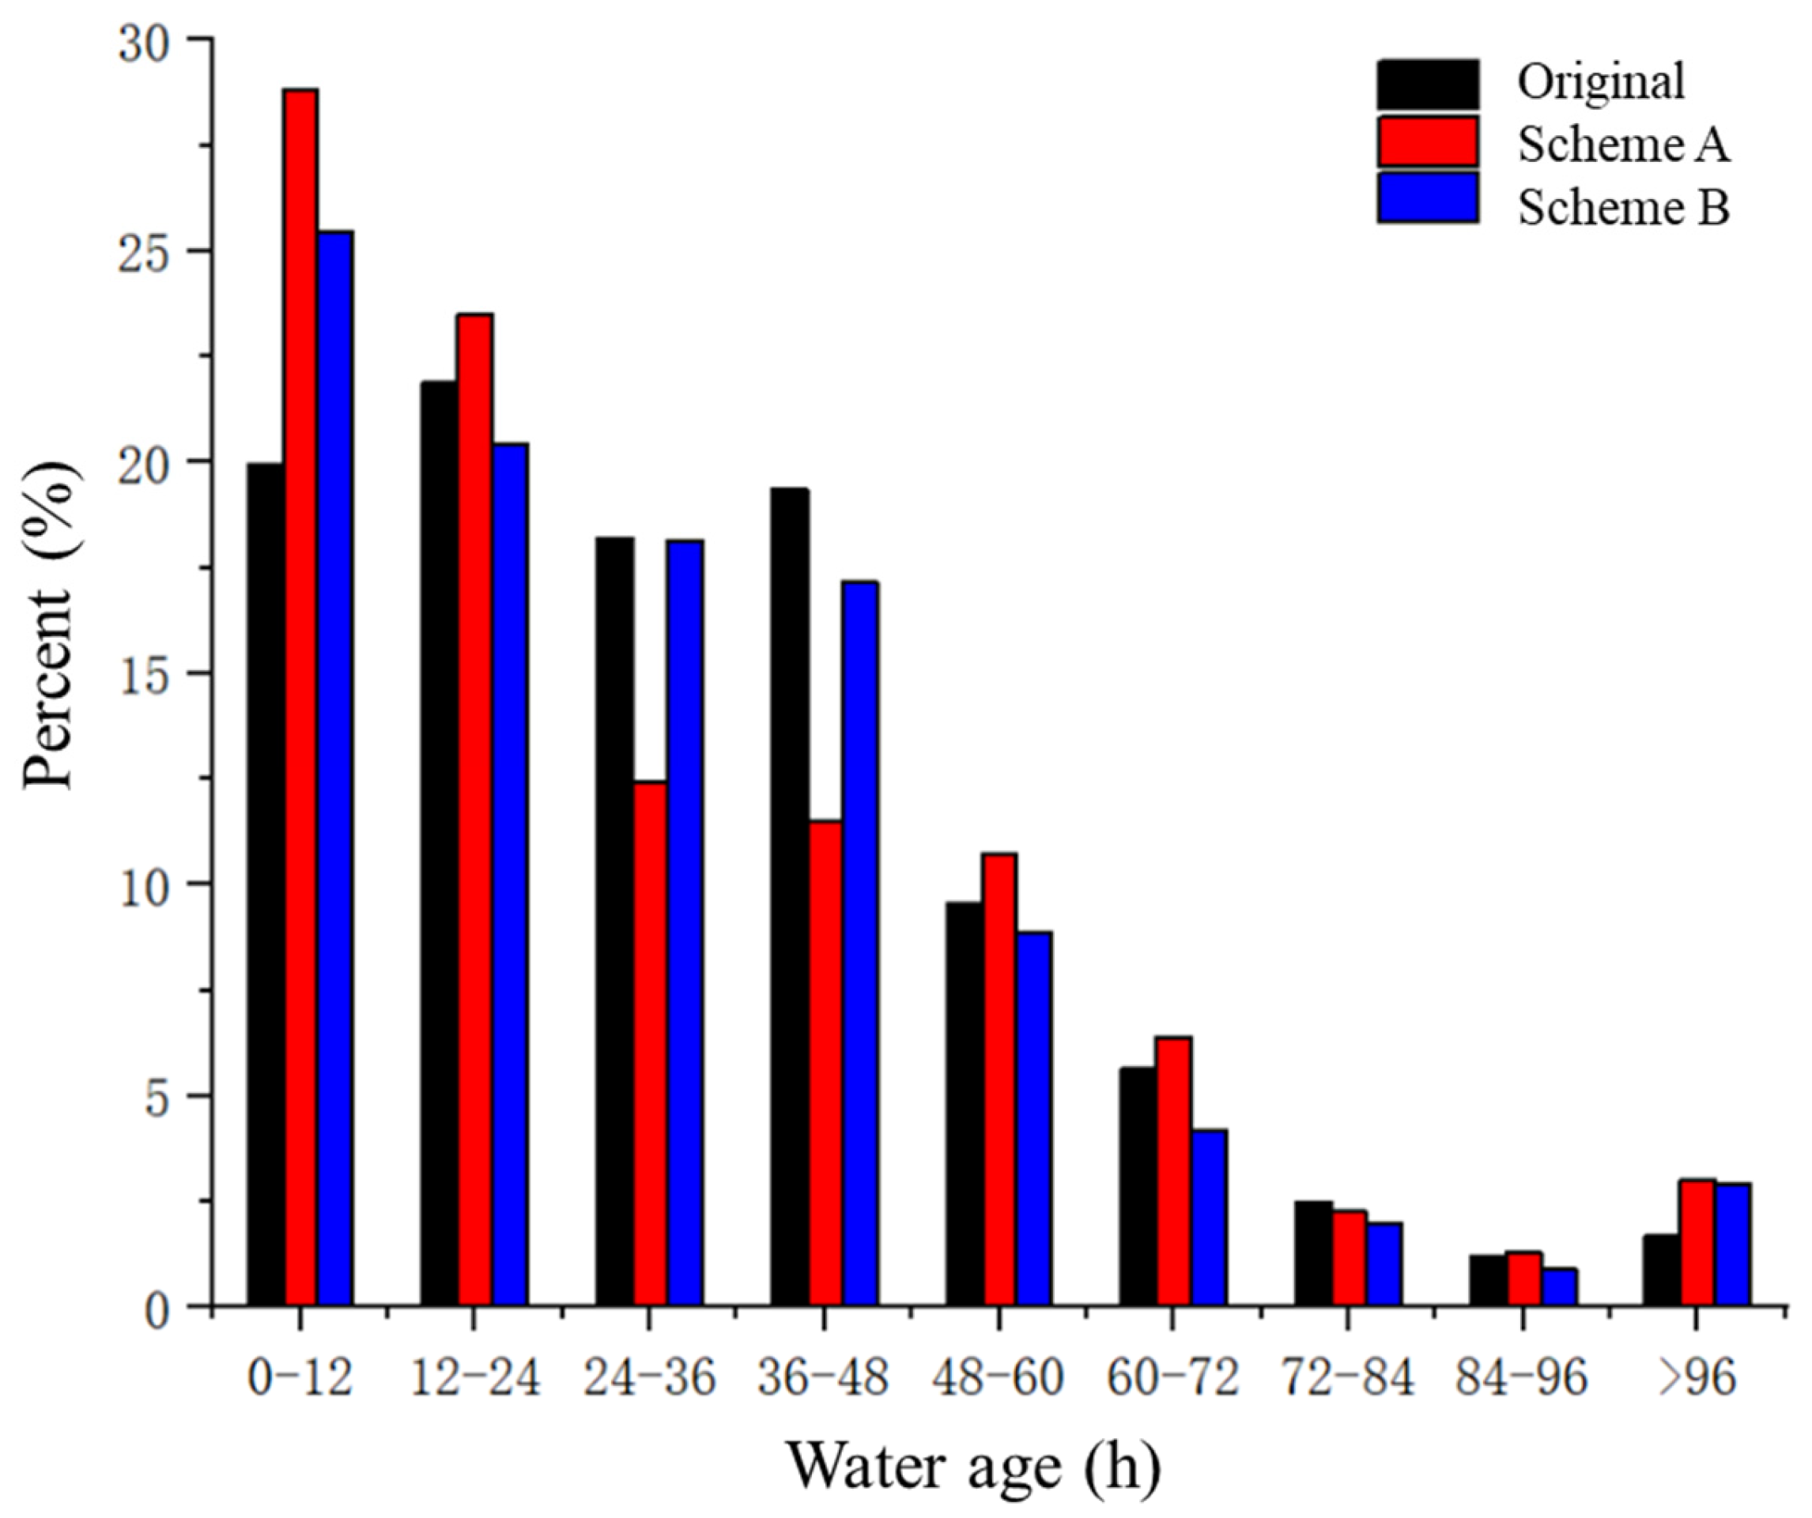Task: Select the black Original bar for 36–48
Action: (x=789, y=897)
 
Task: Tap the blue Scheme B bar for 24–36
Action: (x=685, y=922)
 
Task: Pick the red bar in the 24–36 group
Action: (x=650, y=1044)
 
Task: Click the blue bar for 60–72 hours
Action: (x=1209, y=1218)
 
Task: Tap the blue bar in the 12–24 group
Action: (x=510, y=875)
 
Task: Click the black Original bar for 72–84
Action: (x=1313, y=1254)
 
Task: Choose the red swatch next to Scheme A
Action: (x=1428, y=142)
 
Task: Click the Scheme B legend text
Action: (x=1623, y=208)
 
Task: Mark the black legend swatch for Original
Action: (x=1428, y=85)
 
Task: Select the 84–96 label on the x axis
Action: (x=1521, y=1377)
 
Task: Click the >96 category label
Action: (x=1697, y=1377)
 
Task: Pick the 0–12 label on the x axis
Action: (x=300, y=1377)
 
